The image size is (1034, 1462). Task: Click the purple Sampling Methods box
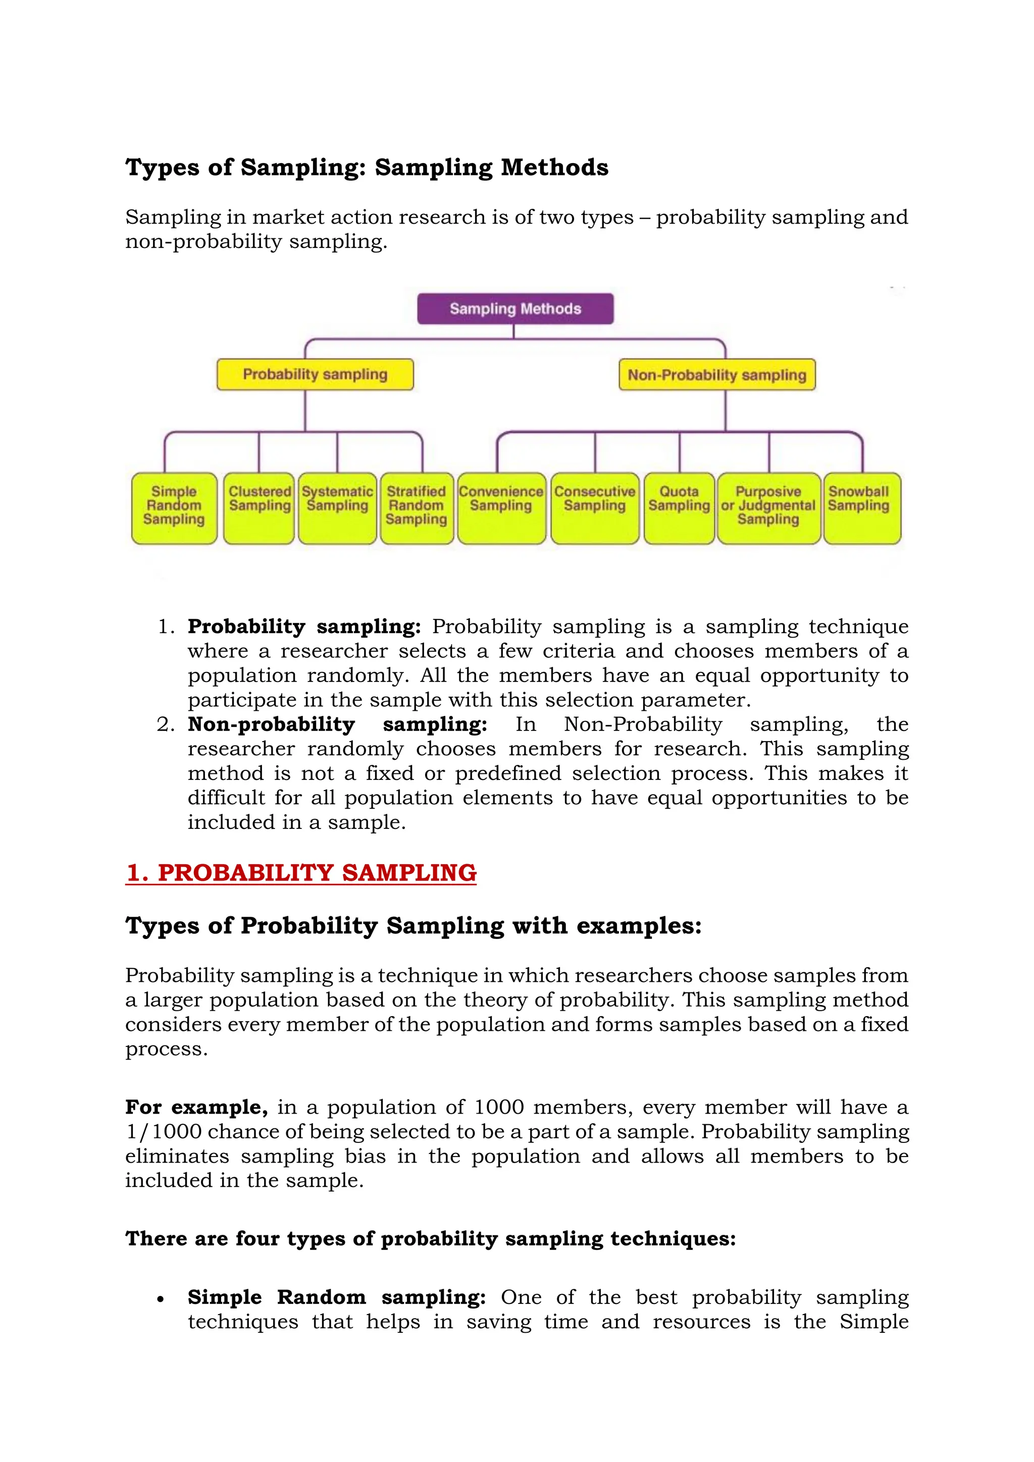click(515, 309)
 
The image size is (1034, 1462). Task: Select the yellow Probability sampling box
click(315, 375)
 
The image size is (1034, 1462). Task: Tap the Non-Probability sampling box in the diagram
click(717, 375)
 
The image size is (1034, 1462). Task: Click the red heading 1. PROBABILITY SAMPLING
click(301, 872)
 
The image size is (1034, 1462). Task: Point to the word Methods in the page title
click(554, 168)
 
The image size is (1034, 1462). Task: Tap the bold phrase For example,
click(196, 1107)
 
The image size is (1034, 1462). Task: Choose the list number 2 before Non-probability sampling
click(165, 724)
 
